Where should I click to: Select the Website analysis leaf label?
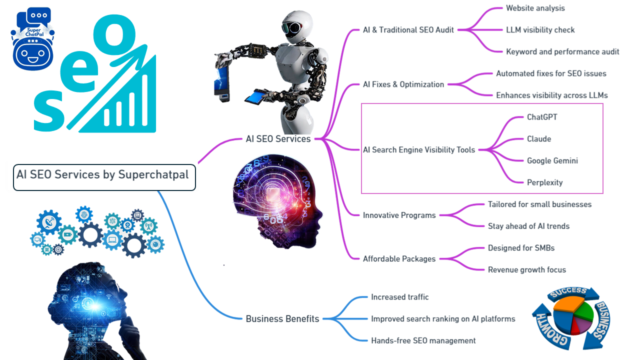[535, 8]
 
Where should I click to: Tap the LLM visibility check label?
[540, 30]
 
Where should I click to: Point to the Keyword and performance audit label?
[562, 51]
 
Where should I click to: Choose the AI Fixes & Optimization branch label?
[403, 84]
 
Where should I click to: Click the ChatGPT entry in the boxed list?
[542, 117]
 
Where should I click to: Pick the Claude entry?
[538, 139]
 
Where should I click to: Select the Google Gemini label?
[552, 161]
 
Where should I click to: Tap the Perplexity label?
[544, 182]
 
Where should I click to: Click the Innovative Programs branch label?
[399, 215]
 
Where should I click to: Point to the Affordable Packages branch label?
[399, 259]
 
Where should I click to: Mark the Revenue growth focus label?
[526, 270]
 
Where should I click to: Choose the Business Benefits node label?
[282, 319]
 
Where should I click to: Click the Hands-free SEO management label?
[423, 341]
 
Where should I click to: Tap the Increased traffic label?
[399, 297]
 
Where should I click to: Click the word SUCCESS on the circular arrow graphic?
[568, 292]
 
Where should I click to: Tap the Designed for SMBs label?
[521, 248]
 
